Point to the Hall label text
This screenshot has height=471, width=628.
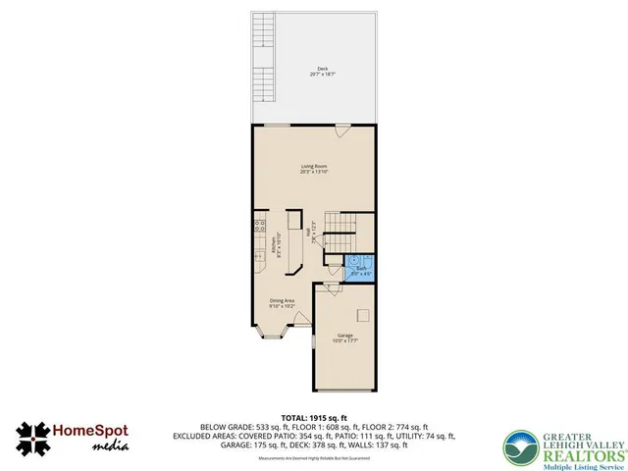click(315, 236)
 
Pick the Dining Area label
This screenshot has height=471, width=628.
click(283, 304)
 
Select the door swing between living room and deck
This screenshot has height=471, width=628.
click(341, 131)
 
